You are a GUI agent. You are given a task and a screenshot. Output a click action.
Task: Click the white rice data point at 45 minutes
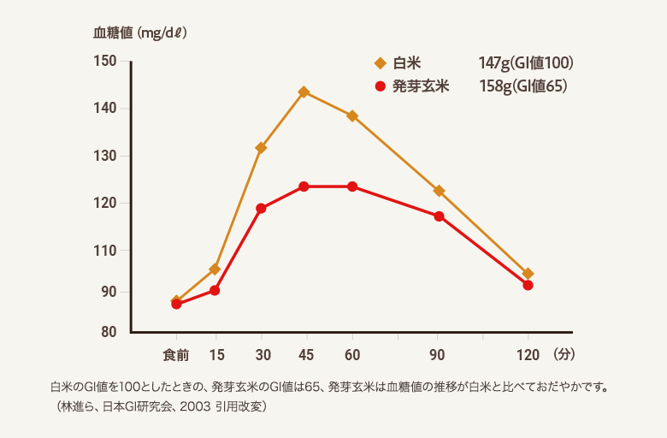(x=304, y=92)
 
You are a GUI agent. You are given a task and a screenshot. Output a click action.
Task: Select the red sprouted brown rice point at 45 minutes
(x=304, y=186)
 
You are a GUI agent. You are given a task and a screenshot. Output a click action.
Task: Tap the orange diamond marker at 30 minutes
(x=261, y=148)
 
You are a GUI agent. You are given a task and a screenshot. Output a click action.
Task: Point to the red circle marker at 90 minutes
(x=439, y=216)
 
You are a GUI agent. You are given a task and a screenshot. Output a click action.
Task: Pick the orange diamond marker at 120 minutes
(x=528, y=274)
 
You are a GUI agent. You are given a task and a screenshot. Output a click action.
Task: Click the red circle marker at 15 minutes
(x=215, y=290)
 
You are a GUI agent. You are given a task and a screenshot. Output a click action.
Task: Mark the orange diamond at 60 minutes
(x=351, y=115)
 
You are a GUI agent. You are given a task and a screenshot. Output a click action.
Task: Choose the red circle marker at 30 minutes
(x=261, y=208)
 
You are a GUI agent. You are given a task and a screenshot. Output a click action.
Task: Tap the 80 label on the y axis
(x=109, y=332)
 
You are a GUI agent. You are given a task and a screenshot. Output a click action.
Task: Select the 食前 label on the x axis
(x=176, y=354)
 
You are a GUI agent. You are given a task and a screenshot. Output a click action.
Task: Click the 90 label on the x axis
(x=438, y=354)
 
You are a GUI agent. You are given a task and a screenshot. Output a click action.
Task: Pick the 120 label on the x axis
(x=528, y=354)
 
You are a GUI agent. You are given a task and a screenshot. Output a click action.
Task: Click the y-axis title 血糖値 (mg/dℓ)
(x=140, y=33)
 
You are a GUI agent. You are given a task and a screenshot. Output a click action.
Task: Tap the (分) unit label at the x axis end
(x=565, y=353)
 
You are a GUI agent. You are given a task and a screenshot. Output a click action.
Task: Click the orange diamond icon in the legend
(x=381, y=63)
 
